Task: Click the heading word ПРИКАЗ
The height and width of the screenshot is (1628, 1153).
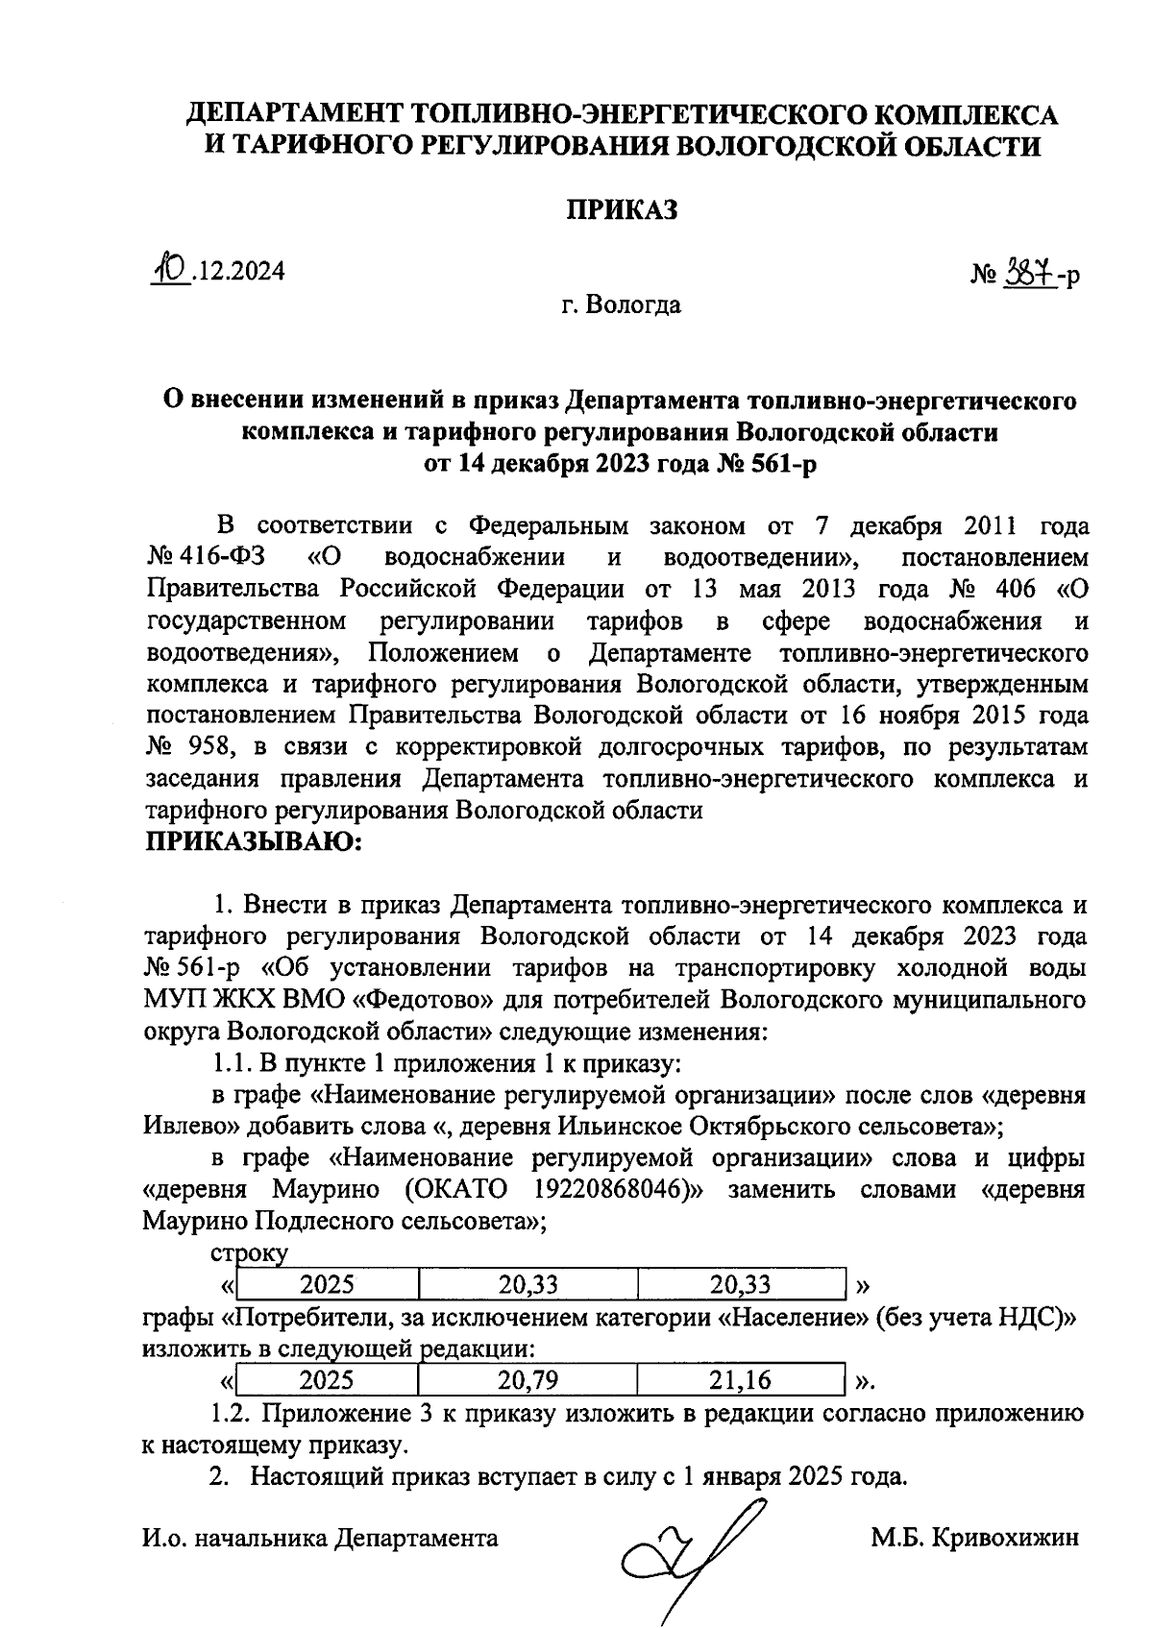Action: pos(621,209)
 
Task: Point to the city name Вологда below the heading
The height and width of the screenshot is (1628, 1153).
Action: pos(633,305)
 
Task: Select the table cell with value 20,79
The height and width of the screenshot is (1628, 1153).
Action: pos(527,1381)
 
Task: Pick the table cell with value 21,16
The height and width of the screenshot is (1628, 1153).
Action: pos(740,1381)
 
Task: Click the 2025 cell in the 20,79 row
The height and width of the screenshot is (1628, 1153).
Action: pos(327,1381)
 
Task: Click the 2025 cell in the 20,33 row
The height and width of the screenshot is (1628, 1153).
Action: pos(327,1285)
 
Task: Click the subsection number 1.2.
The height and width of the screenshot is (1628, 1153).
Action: pos(231,1414)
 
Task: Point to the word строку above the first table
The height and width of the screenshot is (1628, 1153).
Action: pos(249,1253)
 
